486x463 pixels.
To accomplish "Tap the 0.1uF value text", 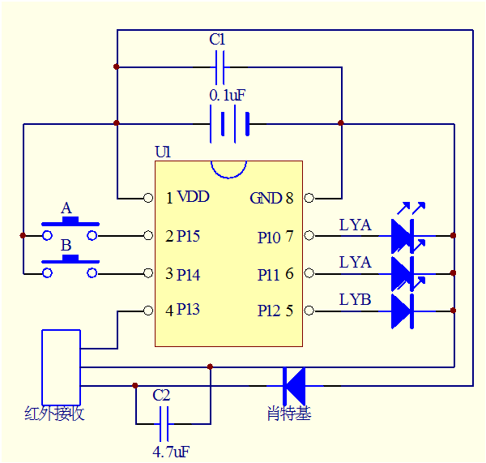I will pos(228,96).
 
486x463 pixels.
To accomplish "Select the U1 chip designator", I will pos(163,152).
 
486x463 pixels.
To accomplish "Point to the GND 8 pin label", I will pos(271,198).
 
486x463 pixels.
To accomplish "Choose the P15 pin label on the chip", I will pos(182,236).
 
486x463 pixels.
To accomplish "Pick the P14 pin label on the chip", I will pos(182,274).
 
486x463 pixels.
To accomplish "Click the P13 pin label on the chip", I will pos(182,310).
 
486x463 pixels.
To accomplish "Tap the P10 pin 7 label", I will pos(275,236).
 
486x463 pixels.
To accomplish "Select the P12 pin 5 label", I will pos(275,310).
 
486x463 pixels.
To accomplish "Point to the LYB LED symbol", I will pos(403,311).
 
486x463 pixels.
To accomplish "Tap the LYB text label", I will pos(355,300).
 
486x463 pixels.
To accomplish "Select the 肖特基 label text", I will pos(288,414).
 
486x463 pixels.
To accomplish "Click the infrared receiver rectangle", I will pos(61,367).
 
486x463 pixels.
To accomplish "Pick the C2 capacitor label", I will pos(162,396).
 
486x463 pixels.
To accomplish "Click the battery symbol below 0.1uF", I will pos(229,124).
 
